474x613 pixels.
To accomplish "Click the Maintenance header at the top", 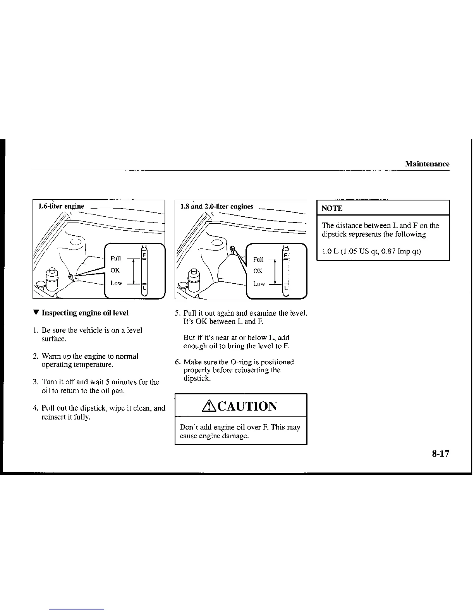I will pyautogui.click(x=427, y=164).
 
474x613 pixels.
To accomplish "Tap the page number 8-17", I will pyautogui.click(x=440, y=454).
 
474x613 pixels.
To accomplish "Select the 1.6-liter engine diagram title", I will pyautogui.click(x=61, y=206).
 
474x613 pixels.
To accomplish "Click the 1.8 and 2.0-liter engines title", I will pyautogui.click(x=217, y=206).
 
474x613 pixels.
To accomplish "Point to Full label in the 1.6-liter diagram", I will pyautogui.click(x=115, y=258).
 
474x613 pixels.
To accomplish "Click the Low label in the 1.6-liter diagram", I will pyautogui.click(x=116, y=283).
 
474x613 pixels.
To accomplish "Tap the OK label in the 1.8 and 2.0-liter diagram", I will pyautogui.click(x=258, y=271).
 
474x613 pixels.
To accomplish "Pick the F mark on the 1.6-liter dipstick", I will pyautogui.click(x=144, y=255).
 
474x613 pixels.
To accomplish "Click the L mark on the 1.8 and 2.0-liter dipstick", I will pyautogui.click(x=286, y=289).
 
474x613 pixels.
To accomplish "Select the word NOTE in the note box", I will pyautogui.click(x=332, y=208).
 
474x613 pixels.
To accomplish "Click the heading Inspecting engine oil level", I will pyautogui.click(x=85, y=313).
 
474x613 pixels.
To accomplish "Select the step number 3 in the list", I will pyautogui.click(x=35, y=382).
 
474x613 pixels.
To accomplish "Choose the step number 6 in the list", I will pyautogui.click(x=177, y=362).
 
